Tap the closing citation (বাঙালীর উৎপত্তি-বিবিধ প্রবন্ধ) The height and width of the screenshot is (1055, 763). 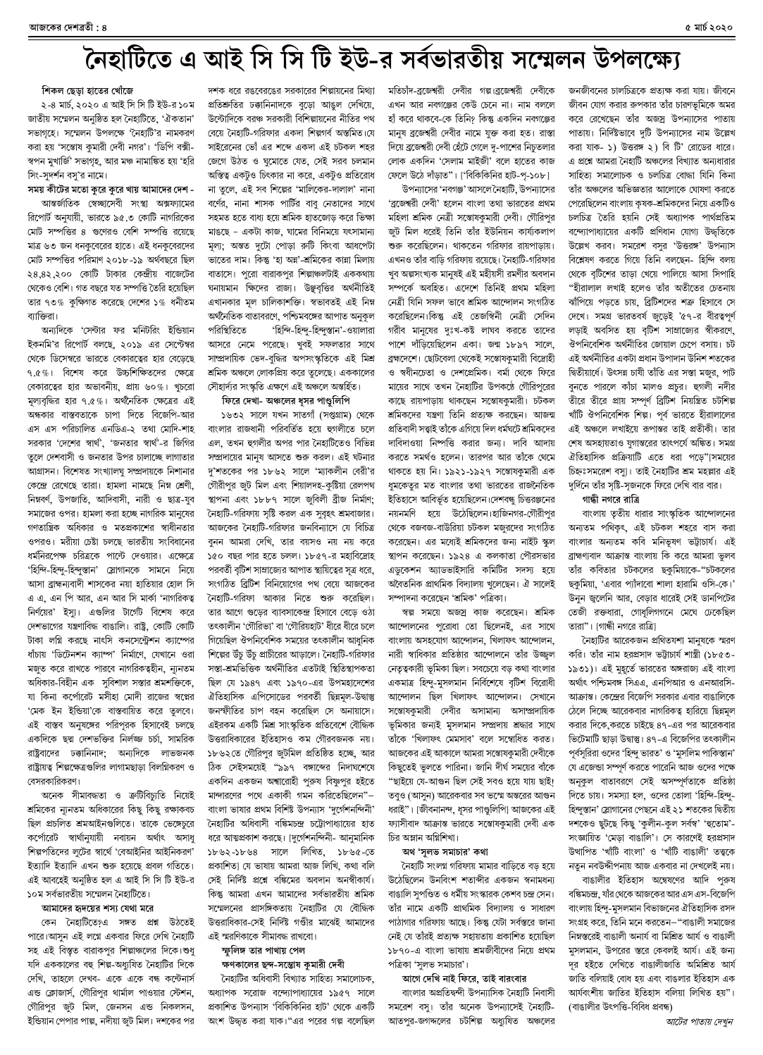pos(629,1009)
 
